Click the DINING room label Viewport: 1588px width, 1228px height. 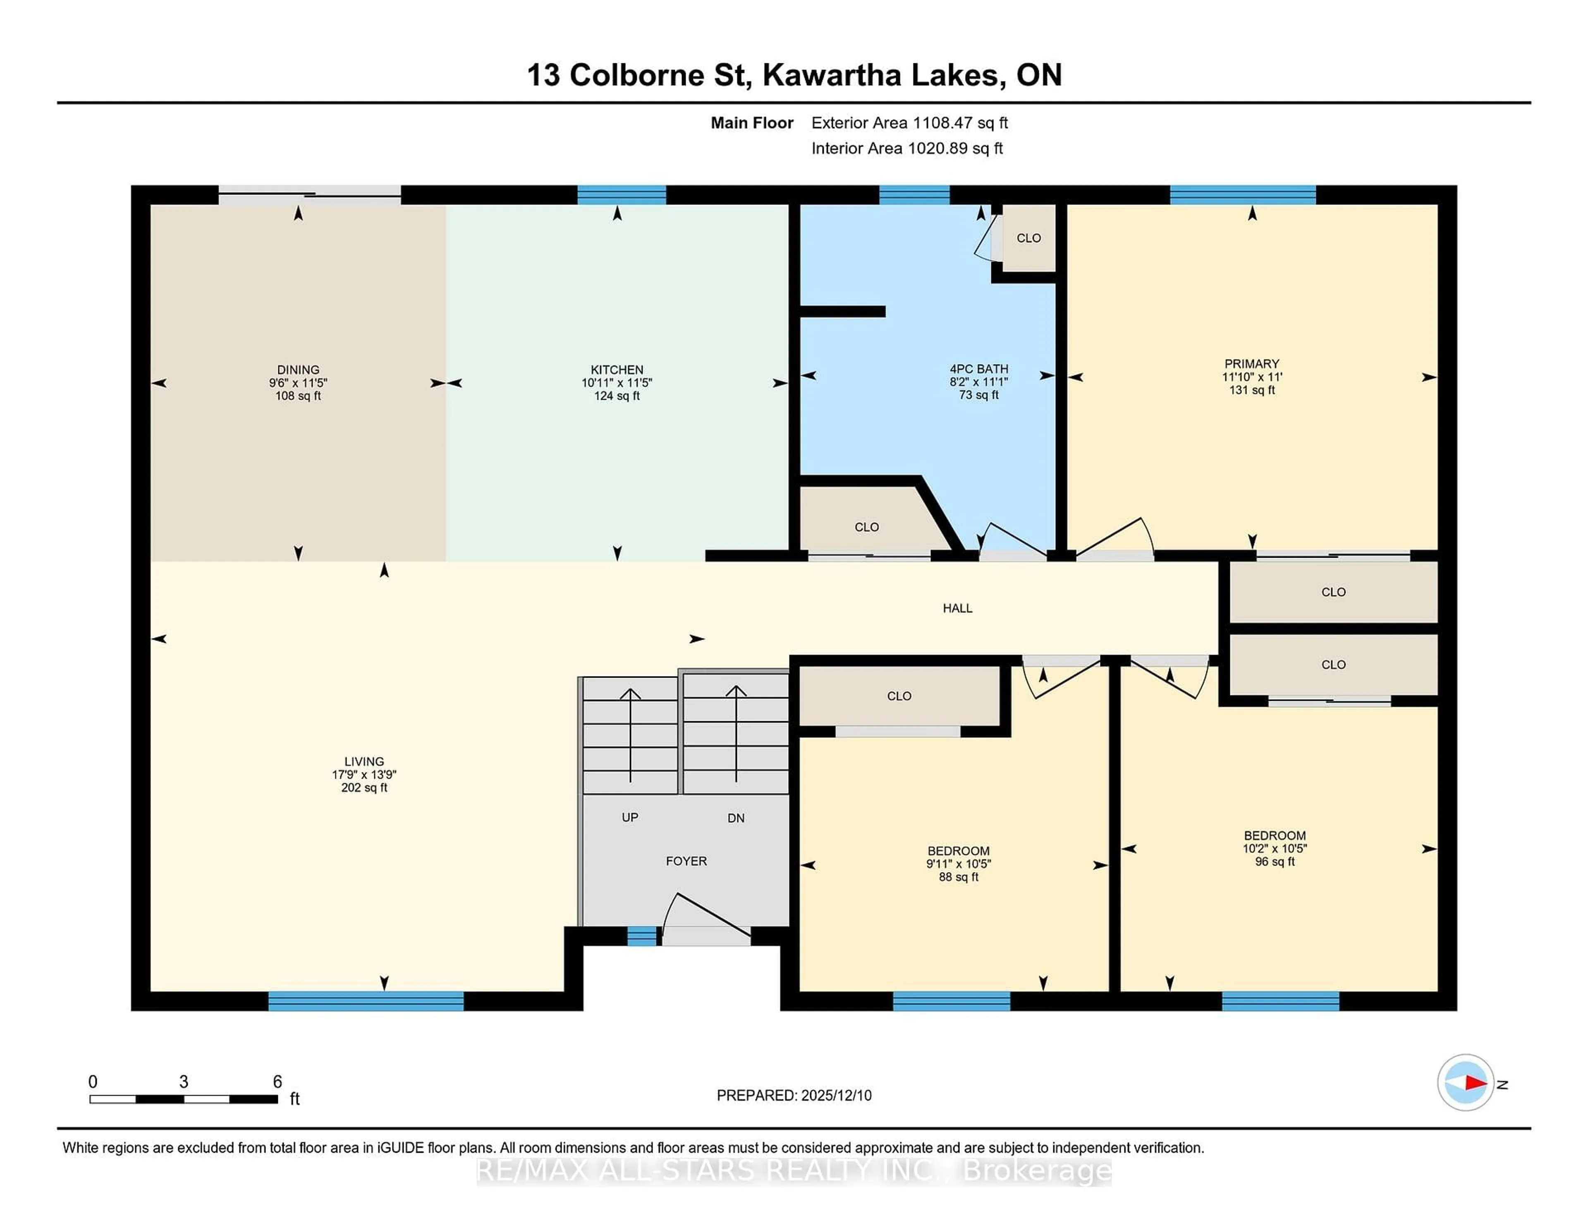point(298,369)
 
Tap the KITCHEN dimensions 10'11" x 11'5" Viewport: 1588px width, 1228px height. point(617,383)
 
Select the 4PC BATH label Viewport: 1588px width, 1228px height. point(979,369)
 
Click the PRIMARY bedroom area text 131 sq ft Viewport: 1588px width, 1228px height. point(1251,390)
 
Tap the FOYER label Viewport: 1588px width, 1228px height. point(686,861)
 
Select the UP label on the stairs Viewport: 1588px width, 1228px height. point(630,818)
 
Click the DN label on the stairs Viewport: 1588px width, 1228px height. point(736,818)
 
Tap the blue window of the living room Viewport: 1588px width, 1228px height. point(366,1001)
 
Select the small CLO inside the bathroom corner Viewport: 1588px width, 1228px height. point(1028,238)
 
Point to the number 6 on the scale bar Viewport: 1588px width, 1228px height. point(277,1082)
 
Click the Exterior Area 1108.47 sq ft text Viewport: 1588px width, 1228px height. point(909,123)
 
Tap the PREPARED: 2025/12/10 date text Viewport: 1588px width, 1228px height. point(794,1096)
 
